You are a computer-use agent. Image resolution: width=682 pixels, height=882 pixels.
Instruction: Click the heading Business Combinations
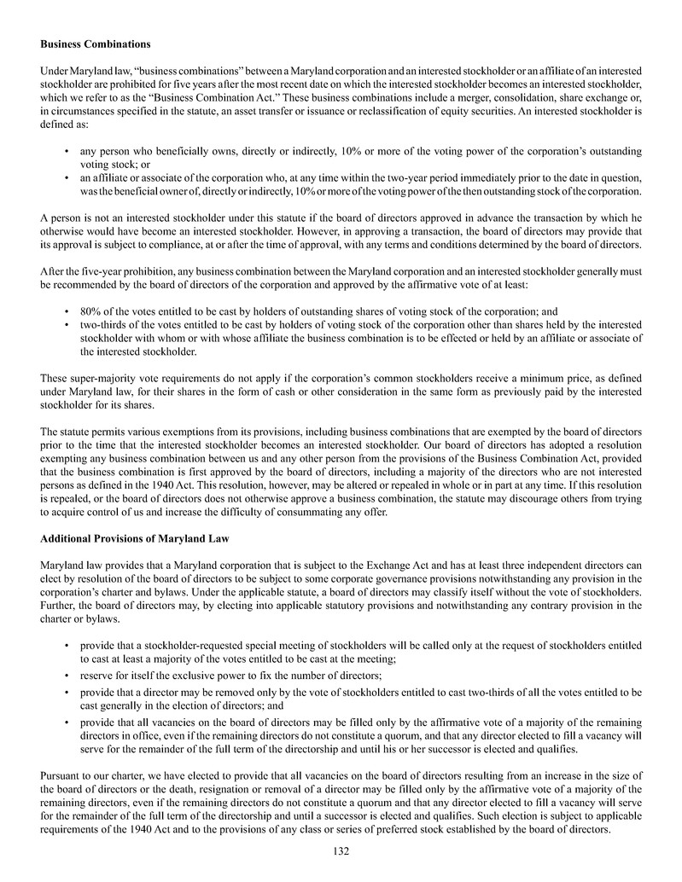click(x=96, y=43)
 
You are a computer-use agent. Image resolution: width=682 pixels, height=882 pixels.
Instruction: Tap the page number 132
click(x=341, y=850)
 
